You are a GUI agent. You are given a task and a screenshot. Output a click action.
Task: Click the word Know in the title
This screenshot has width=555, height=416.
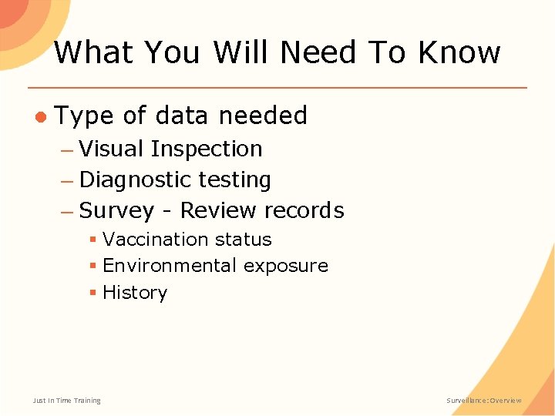coord(459,52)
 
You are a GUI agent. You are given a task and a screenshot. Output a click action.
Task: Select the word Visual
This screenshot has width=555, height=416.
coord(112,149)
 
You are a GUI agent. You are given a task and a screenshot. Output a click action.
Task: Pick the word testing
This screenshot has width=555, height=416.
coord(234,180)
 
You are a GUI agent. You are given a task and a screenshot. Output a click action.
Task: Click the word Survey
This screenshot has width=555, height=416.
coord(116,211)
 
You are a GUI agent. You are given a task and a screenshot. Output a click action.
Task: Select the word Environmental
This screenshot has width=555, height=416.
coord(170,266)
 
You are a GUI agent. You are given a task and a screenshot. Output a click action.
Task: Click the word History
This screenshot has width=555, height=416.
coord(135,293)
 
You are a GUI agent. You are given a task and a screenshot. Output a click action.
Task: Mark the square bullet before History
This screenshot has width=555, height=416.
coord(92,293)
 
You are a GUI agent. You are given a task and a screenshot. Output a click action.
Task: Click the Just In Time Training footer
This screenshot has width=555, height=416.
coord(66,401)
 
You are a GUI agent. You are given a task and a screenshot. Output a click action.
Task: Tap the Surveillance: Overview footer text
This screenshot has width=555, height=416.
coord(484,401)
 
